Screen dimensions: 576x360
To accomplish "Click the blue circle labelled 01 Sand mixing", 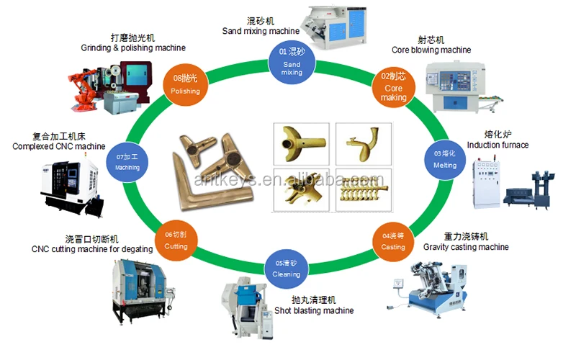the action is click(x=292, y=60).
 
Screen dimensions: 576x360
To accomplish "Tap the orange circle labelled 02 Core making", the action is click(x=395, y=86).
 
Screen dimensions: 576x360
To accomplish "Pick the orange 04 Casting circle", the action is click(x=393, y=240).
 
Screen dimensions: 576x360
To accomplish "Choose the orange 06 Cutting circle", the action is click(x=176, y=240).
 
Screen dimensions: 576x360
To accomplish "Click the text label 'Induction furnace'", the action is click(x=498, y=145).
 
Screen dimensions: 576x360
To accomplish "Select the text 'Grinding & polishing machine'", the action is click(x=132, y=48).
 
